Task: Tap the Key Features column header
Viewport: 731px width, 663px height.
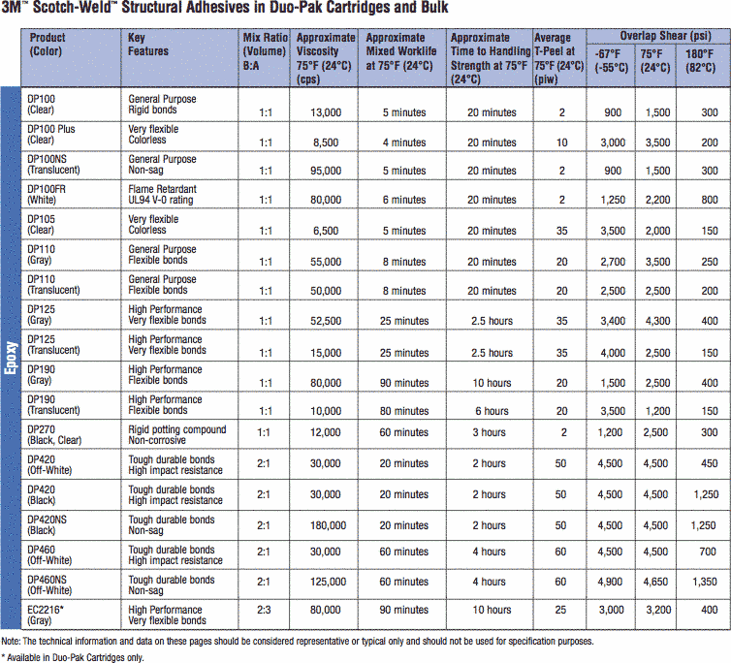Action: [x=148, y=45]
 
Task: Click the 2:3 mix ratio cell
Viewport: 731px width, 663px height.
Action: [x=264, y=610]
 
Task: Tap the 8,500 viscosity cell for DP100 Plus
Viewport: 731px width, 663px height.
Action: [x=325, y=143]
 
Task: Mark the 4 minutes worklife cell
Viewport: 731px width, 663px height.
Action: [x=403, y=143]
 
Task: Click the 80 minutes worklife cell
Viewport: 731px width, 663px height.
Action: [x=403, y=411]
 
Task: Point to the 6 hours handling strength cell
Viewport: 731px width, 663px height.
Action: [x=491, y=411]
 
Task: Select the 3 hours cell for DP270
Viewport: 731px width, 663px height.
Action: [x=491, y=432]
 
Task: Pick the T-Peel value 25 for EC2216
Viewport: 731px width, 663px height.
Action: [x=560, y=610]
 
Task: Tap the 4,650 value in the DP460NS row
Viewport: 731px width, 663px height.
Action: [x=657, y=582]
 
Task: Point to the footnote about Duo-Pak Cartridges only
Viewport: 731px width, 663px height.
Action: [x=73, y=656]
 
